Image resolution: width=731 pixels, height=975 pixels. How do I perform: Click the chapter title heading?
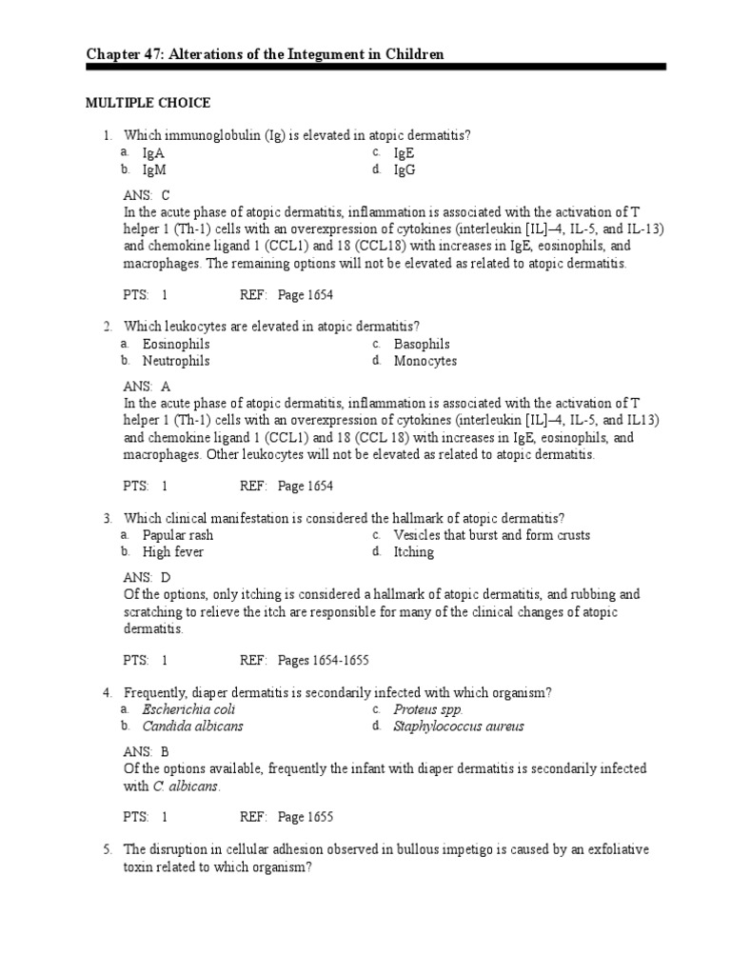click(x=266, y=55)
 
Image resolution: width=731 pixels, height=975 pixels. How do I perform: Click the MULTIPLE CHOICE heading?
click(x=148, y=103)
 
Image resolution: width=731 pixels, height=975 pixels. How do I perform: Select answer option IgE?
click(x=404, y=152)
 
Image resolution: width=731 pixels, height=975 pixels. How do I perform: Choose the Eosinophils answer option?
click(x=176, y=344)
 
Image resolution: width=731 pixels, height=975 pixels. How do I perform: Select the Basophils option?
click(x=422, y=344)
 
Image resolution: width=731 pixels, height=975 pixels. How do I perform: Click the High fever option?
click(x=172, y=551)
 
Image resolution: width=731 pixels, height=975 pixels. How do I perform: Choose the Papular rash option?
click(x=177, y=535)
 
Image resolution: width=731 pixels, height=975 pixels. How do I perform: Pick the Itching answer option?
click(x=413, y=551)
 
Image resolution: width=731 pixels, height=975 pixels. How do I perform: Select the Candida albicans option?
click(x=192, y=726)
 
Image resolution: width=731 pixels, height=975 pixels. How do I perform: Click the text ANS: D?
click(x=147, y=577)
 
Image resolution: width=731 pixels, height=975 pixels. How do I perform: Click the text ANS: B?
click(x=147, y=751)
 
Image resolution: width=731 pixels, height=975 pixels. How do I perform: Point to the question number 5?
click(x=109, y=849)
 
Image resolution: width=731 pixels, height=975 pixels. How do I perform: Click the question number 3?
click(x=109, y=518)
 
